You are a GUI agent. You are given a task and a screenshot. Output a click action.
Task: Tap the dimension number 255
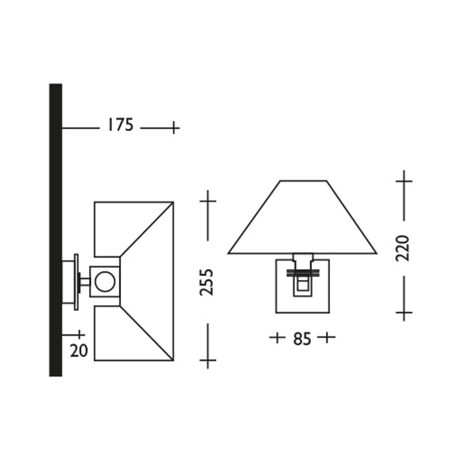click(x=206, y=282)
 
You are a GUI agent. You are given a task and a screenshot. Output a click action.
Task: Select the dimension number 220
click(x=402, y=248)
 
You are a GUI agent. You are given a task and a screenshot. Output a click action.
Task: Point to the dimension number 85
click(x=302, y=339)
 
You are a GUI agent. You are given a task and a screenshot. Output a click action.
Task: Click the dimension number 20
click(x=79, y=351)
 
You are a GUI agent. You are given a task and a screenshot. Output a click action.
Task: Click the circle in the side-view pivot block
click(x=105, y=282)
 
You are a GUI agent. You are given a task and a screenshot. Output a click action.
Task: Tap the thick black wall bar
click(x=56, y=230)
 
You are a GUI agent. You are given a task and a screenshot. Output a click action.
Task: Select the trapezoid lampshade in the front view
click(x=302, y=217)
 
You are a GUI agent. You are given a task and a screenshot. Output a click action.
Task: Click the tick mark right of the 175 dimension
click(x=174, y=128)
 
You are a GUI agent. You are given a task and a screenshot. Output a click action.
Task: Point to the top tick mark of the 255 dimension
click(x=208, y=201)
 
